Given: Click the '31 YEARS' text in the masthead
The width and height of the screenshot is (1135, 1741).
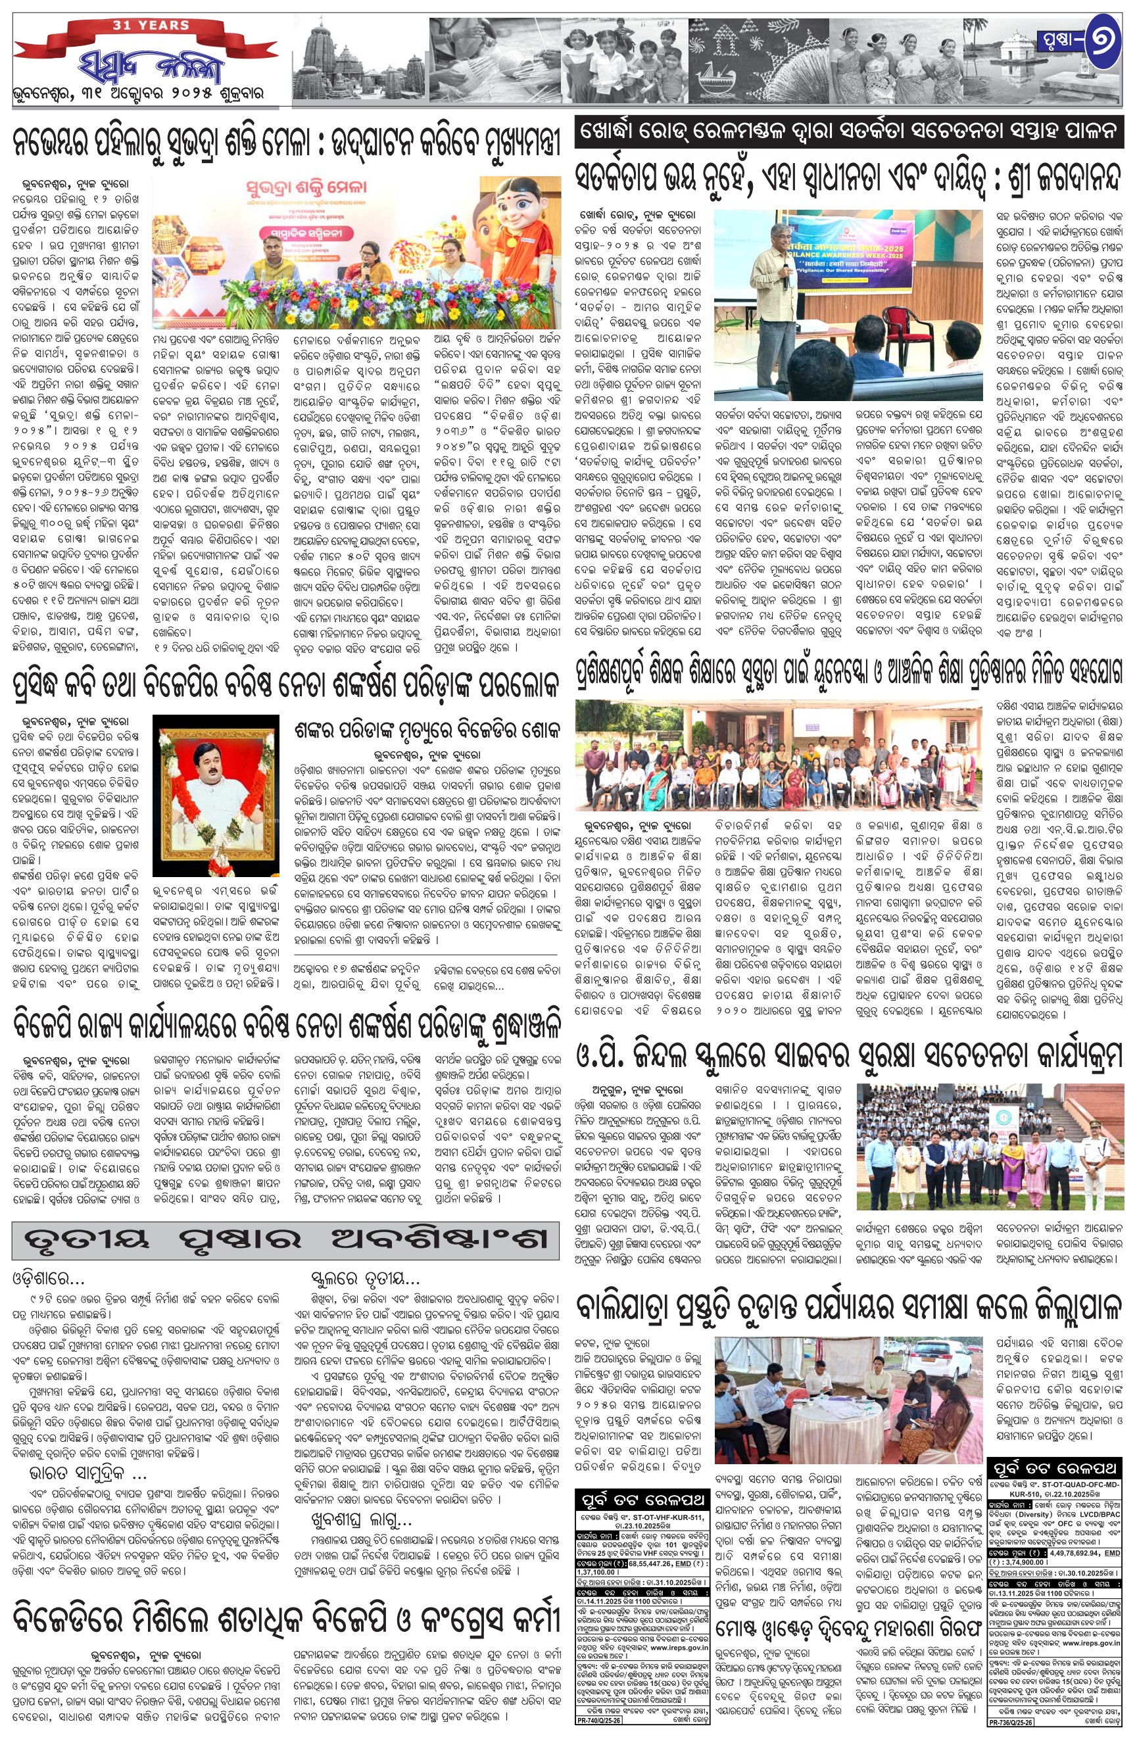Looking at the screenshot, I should tap(151, 25).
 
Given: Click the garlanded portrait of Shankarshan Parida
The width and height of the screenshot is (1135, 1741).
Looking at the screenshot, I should tap(215, 794).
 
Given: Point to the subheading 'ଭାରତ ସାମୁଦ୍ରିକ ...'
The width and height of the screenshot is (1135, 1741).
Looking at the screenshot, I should tap(88, 1452).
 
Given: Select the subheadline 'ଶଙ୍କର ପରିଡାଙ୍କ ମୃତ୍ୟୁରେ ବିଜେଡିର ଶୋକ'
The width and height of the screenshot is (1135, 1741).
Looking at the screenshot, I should tap(427, 730).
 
